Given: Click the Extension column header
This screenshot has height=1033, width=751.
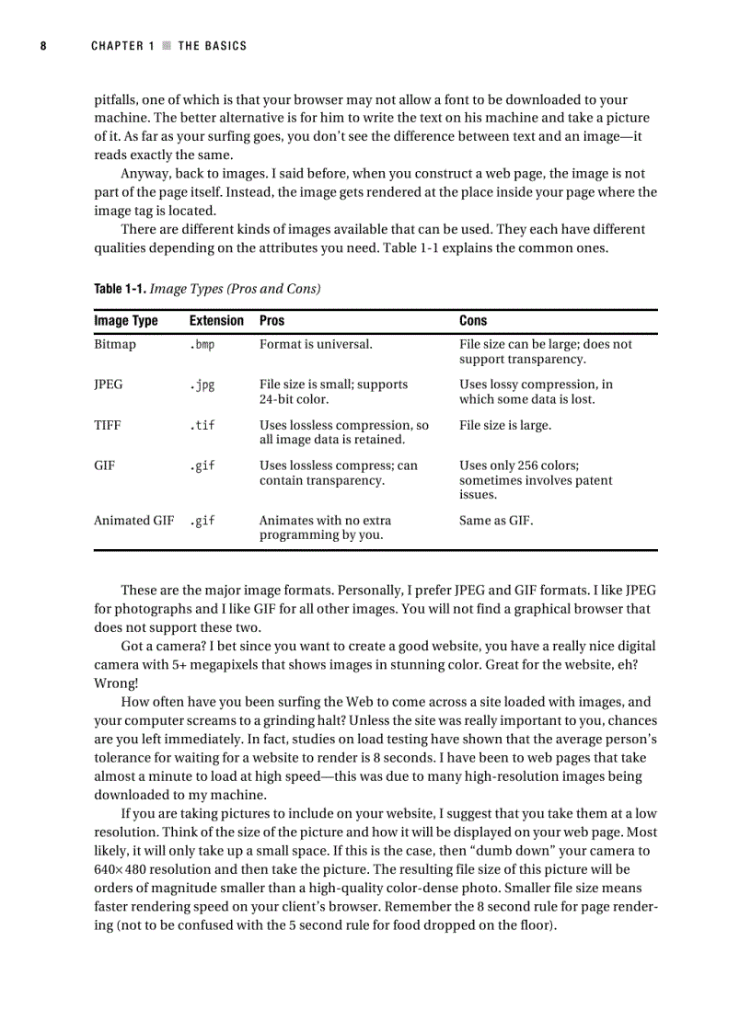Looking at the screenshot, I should [216, 321].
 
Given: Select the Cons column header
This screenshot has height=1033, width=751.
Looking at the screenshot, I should [473, 321].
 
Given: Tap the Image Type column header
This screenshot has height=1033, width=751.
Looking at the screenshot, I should [125, 321].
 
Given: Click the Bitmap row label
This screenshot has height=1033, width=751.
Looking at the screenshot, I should [114, 344].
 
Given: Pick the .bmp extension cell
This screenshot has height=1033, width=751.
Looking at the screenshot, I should [202, 344].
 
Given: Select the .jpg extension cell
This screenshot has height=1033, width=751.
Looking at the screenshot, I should [202, 385].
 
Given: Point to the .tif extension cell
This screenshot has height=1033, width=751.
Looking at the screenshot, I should [202, 425].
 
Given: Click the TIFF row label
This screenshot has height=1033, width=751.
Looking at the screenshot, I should [108, 425].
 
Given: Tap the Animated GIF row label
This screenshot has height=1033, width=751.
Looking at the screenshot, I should [133, 521].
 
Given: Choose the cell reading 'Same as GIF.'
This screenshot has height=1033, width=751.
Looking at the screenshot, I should [496, 521].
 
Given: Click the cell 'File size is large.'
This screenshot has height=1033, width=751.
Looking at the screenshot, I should [505, 425].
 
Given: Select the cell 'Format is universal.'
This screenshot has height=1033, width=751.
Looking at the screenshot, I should [316, 344].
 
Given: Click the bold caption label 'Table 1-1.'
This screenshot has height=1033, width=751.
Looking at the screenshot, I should [120, 289].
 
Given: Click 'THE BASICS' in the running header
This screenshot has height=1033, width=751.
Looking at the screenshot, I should [213, 46].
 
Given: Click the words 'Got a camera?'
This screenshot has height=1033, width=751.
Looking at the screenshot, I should [163, 647].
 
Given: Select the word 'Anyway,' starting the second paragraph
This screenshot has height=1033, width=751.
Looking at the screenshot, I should [144, 174].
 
